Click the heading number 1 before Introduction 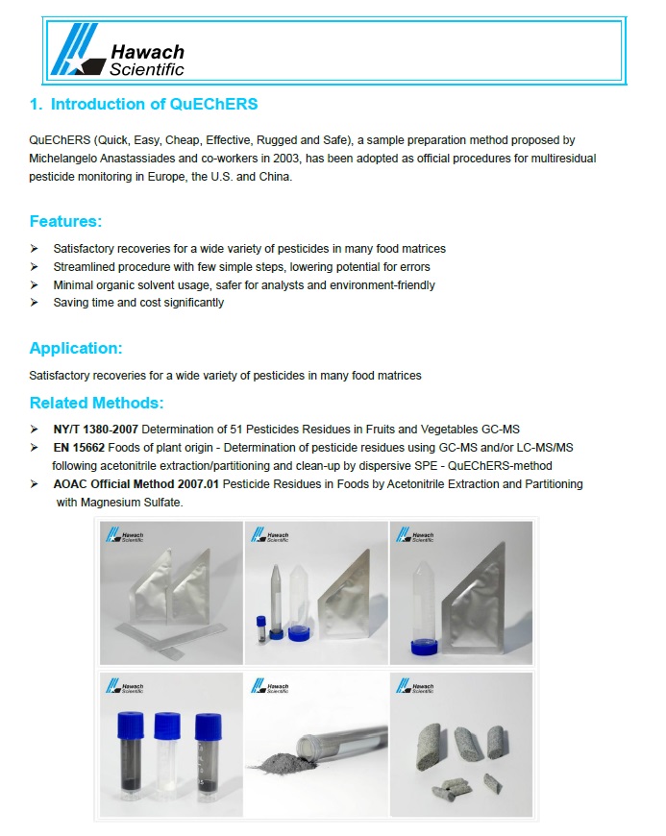point(35,104)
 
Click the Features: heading point(65,221)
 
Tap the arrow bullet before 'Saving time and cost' point(35,303)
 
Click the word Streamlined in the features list point(85,266)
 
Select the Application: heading point(76,348)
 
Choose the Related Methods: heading point(96,402)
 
